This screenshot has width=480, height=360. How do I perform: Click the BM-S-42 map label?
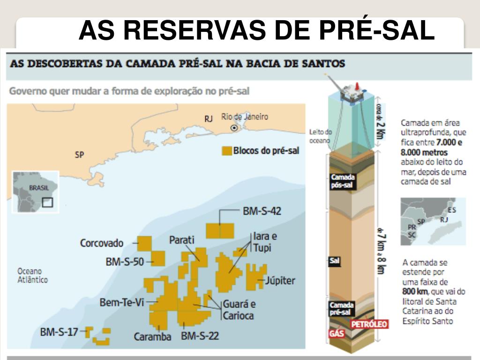pos(262,211)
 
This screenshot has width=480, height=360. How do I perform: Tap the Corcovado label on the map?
pos(102,243)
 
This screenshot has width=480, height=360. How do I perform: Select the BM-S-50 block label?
pos(125,262)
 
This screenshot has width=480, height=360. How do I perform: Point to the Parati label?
pos(181,240)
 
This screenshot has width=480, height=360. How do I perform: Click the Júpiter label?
pos(280,281)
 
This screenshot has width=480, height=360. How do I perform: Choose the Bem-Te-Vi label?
pos(121,302)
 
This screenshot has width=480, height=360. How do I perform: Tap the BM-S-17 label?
pos(59,332)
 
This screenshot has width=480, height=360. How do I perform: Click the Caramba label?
pos(152,337)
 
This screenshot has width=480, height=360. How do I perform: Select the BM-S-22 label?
pos(200,336)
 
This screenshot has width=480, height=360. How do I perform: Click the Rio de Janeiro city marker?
pos(233,127)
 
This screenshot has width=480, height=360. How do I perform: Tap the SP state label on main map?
pos(79,154)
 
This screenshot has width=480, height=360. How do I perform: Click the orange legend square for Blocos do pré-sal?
pos(226,151)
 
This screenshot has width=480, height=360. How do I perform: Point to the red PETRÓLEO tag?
pos(369,324)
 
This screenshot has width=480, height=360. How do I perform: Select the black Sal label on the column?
pos(334,262)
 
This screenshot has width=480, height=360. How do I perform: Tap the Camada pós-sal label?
pos(342,181)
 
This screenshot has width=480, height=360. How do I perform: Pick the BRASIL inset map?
pos(35,192)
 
